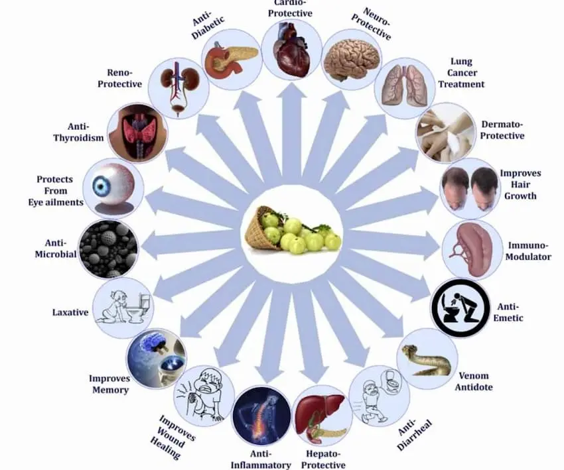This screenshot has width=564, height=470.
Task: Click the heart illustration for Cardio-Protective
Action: click(292, 50)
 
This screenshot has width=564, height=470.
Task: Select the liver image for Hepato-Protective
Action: click(322, 416)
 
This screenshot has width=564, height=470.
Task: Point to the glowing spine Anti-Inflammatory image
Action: click(261, 416)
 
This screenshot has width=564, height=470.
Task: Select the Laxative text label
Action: click(70, 312)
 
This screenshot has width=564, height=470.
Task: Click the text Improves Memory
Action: click(109, 384)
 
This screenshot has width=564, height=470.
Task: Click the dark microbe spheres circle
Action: click(108, 249)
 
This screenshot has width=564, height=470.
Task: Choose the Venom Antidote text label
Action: click(474, 381)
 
